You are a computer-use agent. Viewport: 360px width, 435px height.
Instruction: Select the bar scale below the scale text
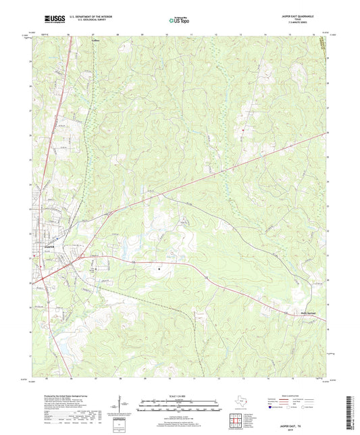click(x=179, y=407)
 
